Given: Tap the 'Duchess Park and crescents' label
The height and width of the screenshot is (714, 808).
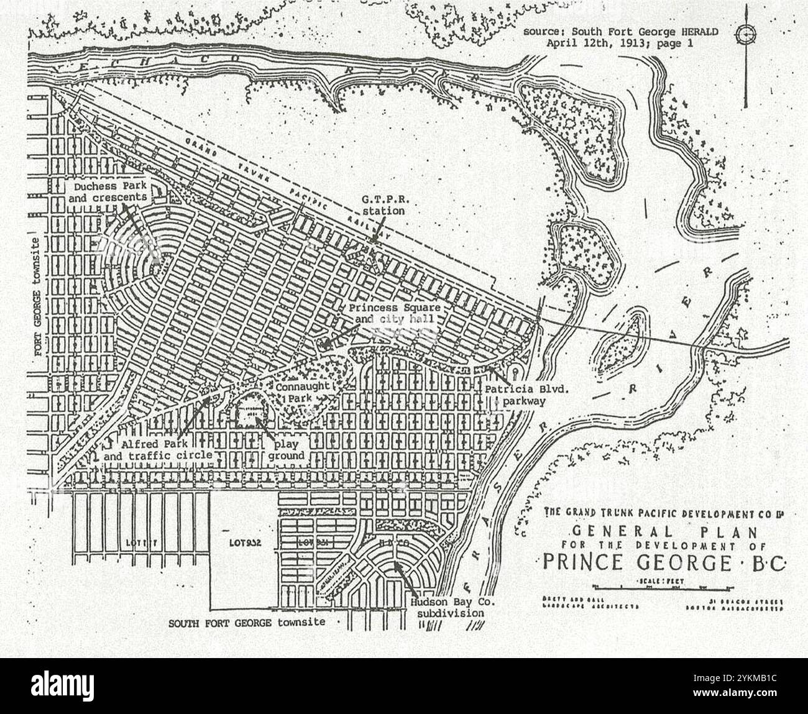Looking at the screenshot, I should click(109, 191).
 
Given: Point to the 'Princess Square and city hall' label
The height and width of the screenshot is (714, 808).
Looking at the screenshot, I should click(394, 314).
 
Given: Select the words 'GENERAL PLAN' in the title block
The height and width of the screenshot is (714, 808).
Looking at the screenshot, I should click(664, 532).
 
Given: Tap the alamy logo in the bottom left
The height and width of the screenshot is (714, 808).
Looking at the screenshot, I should click(67, 685).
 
